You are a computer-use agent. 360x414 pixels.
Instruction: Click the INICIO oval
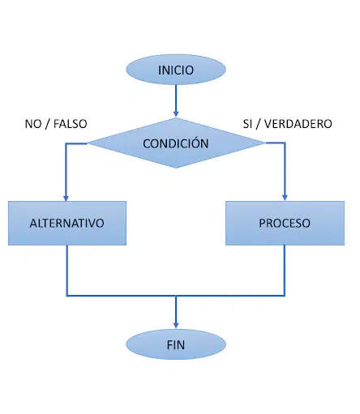click(176, 70)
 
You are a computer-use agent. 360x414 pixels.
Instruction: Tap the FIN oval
click(176, 344)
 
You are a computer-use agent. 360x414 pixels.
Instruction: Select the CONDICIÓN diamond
click(176, 143)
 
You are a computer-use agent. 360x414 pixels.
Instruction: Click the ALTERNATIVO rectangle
click(67, 223)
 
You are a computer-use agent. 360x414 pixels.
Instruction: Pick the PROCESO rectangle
click(285, 223)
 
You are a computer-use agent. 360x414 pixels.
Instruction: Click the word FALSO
click(71, 124)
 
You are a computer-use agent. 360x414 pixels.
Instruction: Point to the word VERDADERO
click(298, 124)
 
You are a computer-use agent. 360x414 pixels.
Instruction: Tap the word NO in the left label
click(33, 124)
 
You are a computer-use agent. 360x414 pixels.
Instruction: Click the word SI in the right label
click(247, 124)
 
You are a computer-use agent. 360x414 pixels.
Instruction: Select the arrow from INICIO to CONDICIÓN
click(176, 101)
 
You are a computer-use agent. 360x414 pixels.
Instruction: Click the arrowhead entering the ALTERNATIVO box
click(66, 198)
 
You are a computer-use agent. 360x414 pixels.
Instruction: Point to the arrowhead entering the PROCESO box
click(285, 198)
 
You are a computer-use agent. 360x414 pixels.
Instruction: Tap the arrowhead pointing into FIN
click(176, 325)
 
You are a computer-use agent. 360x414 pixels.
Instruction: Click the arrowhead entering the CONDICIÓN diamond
click(176, 113)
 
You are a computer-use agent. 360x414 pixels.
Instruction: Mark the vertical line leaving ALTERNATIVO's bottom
click(67, 271)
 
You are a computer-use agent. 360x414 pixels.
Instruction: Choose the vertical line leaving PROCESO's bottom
click(285, 271)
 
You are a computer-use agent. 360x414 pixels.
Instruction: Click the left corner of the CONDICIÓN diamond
click(88, 143)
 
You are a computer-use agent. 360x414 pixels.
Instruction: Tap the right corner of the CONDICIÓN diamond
click(265, 143)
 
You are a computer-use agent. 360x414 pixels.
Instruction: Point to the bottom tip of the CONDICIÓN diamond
click(176, 168)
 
